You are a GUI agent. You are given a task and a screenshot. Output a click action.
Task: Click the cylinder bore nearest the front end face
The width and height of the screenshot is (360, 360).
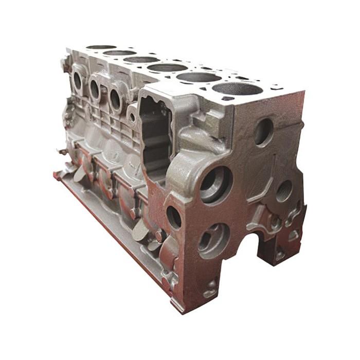(x=237, y=88)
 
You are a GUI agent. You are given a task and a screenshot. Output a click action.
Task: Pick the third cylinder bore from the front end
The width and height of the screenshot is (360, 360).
(x=167, y=67)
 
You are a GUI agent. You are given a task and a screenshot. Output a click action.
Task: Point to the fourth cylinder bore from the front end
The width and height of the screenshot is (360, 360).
(x=141, y=60)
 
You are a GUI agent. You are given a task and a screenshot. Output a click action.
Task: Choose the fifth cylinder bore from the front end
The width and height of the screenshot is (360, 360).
(x=120, y=52)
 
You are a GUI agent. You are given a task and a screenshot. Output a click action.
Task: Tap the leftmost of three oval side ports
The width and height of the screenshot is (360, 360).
(x=78, y=81)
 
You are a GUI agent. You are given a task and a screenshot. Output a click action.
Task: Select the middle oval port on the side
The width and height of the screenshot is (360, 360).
(x=95, y=89)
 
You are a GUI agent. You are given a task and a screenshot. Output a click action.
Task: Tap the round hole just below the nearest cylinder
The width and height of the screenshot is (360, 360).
(x=263, y=132)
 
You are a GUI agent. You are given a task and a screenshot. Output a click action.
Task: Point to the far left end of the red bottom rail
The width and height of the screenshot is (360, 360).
(x=56, y=175)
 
